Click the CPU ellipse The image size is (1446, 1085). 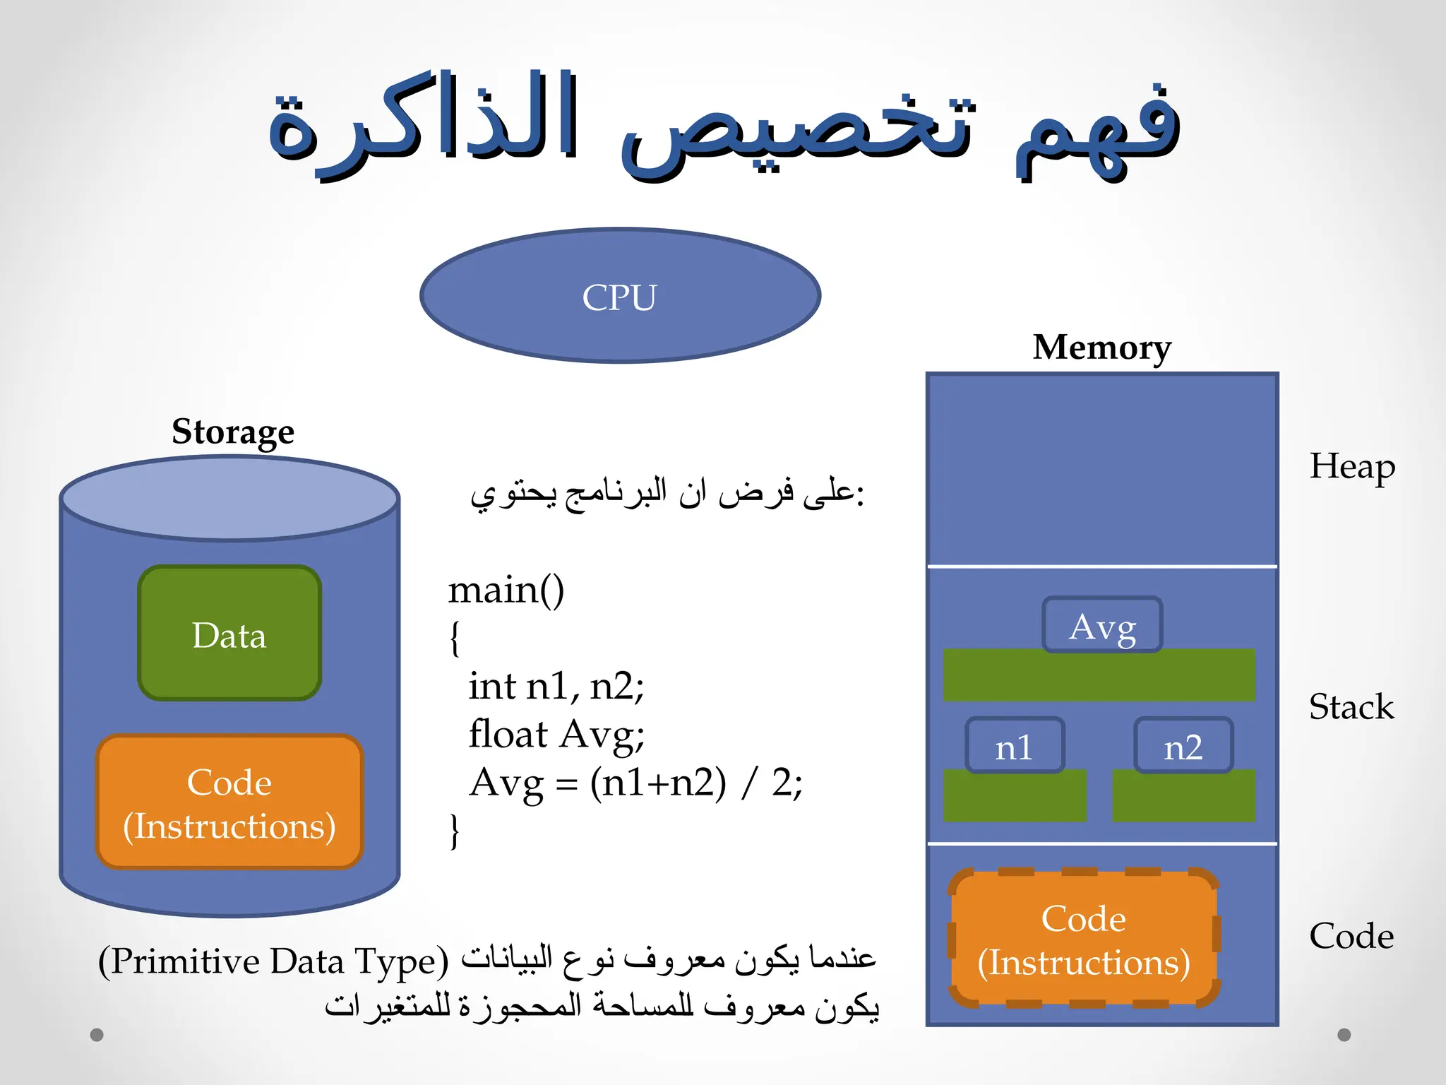[x=620, y=296]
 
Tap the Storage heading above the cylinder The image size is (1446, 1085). [x=233, y=432]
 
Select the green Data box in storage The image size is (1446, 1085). [x=229, y=634]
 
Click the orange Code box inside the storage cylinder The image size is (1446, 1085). [x=229, y=802]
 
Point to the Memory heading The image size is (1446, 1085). [x=1101, y=348]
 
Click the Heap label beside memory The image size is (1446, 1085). [x=1351, y=467]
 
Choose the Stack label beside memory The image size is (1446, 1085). [x=1351, y=707]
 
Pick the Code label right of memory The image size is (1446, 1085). [x=1351, y=936]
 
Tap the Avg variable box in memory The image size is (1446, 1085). [x=1102, y=625]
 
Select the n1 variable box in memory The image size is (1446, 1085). [x=1015, y=746]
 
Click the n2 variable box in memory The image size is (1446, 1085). [x=1183, y=746]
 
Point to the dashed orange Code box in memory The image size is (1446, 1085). [x=1084, y=939]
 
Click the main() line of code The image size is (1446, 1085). [x=506, y=590]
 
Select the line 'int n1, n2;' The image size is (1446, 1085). [x=556, y=686]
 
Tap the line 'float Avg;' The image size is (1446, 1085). [x=556, y=734]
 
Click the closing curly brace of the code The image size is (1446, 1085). [x=455, y=831]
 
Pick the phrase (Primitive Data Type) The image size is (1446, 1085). [x=273, y=961]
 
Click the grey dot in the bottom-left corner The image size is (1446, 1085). [x=97, y=1035]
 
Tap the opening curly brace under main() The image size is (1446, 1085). [x=455, y=638]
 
